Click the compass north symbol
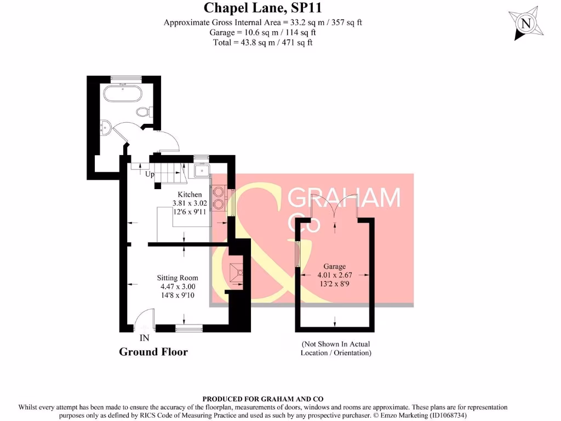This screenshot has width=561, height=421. click(x=526, y=24)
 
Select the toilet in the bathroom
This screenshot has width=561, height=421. click(x=144, y=112)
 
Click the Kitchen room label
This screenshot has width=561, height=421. click(x=190, y=195)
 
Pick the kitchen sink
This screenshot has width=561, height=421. click(x=201, y=170)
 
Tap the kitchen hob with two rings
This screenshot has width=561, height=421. click(x=220, y=197)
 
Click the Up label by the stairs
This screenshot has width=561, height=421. click(x=149, y=175)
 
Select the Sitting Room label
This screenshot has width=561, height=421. click(x=178, y=278)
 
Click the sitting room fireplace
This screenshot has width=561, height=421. click(x=237, y=272)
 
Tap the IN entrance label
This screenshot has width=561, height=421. click(x=145, y=338)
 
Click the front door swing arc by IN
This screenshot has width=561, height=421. click(x=142, y=319)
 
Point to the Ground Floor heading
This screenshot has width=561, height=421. click(x=153, y=352)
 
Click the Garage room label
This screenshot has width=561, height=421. click(x=335, y=266)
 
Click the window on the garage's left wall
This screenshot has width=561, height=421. click(x=297, y=255)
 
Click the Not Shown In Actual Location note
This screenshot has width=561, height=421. click(x=336, y=348)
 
